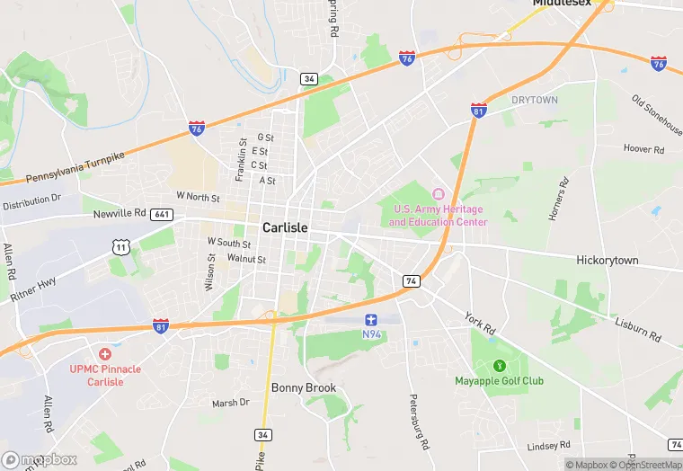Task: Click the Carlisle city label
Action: pos(285,228)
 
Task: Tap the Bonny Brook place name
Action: pos(304,388)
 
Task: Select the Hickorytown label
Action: pos(608,260)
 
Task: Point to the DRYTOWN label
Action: pos(535,100)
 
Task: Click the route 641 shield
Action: pos(163,215)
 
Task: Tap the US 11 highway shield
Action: pos(120,246)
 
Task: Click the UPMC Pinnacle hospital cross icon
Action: pos(105,355)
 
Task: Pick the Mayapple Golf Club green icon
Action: pos(500,366)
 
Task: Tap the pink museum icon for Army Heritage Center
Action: pos(439,194)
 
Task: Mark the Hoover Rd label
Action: pos(642,148)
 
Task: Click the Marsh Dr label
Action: pos(231,404)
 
